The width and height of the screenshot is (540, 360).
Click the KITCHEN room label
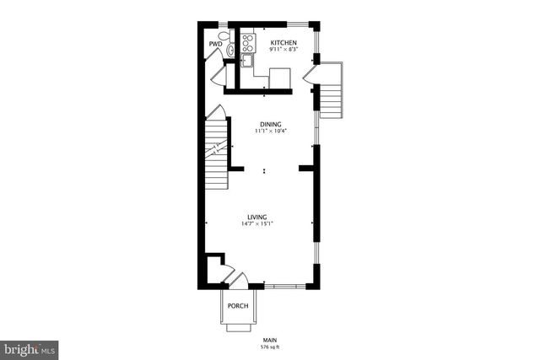pyautogui.click(x=283, y=41)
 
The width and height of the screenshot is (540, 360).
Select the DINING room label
pyautogui.click(x=270, y=124)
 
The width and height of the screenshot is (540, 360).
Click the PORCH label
pyautogui.click(x=238, y=305)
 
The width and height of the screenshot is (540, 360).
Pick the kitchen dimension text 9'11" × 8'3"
pyautogui.click(x=283, y=50)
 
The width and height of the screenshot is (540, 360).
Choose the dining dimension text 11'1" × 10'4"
pyautogui.click(x=270, y=132)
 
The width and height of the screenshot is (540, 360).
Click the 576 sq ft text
pyautogui.click(x=270, y=346)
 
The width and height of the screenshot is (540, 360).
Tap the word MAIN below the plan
pyautogui.click(x=270, y=338)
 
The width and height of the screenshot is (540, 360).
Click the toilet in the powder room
pyautogui.click(x=223, y=37)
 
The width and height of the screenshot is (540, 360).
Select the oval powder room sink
pyautogui.click(x=230, y=52)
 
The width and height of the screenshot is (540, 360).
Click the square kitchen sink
pyautogui.click(x=247, y=60)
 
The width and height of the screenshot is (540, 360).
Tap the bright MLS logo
pyautogui.click(x=30, y=347)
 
